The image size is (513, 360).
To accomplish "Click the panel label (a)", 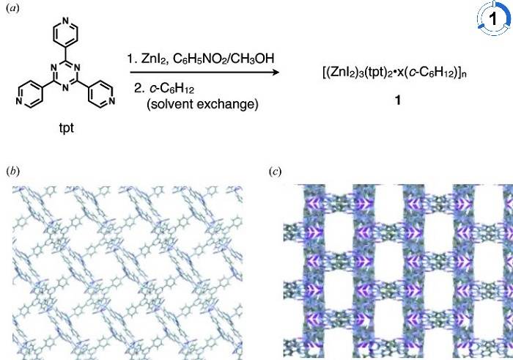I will click(x=10, y=9).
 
